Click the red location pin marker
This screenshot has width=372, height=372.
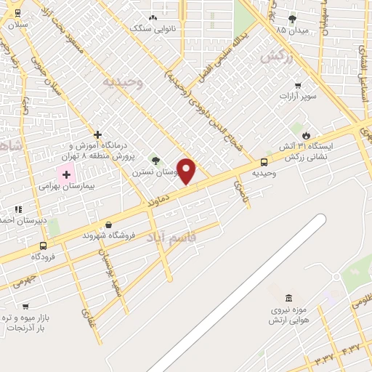tap(187, 171)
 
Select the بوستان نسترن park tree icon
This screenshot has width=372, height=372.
tap(154, 160)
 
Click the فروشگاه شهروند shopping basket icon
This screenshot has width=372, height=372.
tap(109, 225)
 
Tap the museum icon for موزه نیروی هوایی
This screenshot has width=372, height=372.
tap(289, 299)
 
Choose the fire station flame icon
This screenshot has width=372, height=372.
tap(306, 135)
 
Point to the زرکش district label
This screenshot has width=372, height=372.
tap(280, 56)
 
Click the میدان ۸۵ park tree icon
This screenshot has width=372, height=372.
tap(292, 19)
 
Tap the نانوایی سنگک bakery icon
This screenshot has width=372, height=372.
tap(153, 18)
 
